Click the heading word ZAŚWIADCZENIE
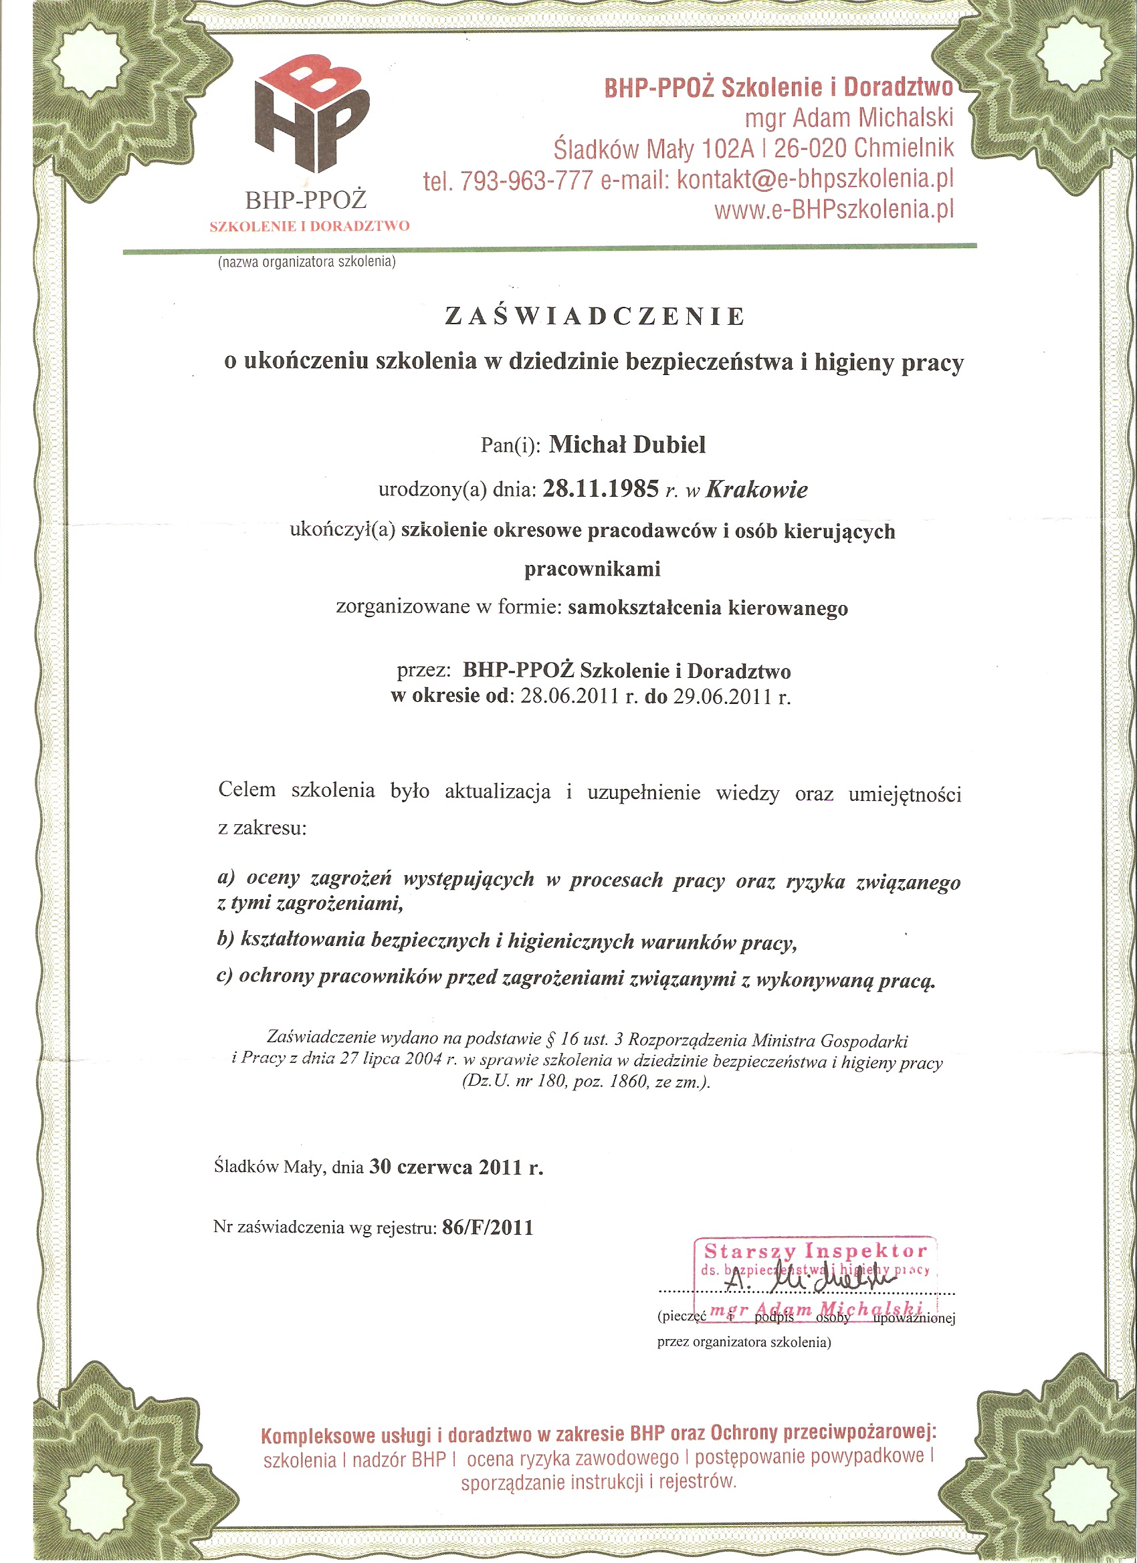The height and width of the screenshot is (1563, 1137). [595, 316]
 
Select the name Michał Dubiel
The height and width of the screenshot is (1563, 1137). [627, 445]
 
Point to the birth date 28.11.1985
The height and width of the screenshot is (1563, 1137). [601, 489]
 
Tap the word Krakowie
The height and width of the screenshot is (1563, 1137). [756, 489]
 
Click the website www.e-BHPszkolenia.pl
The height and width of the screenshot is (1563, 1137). [833, 209]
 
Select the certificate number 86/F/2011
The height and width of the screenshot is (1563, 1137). [488, 1228]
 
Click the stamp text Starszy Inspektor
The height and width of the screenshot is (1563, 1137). [816, 1251]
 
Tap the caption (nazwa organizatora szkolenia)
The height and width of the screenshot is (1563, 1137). [307, 262]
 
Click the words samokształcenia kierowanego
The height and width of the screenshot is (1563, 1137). [708, 608]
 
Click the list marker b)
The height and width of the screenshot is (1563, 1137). [226, 940]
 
